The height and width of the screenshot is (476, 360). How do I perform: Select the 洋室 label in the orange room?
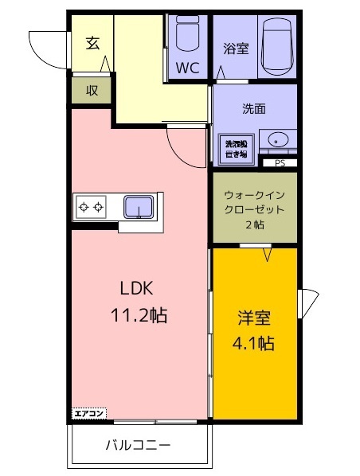tap(254, 319)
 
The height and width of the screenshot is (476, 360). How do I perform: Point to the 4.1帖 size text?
tap(253, 344)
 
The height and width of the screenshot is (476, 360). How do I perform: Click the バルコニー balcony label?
tap(138, 446)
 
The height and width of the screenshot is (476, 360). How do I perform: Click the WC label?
tap(187, 67)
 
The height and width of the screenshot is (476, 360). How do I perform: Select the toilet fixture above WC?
tap(187, 34)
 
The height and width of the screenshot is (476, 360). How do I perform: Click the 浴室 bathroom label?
tap(237, 49)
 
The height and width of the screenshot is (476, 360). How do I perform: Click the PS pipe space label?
tap(280, 164)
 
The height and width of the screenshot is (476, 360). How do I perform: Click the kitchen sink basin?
tap(139, 208)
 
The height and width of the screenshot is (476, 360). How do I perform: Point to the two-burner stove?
tap(90, 208)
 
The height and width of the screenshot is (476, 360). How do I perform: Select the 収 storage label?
tap(92, 90)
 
